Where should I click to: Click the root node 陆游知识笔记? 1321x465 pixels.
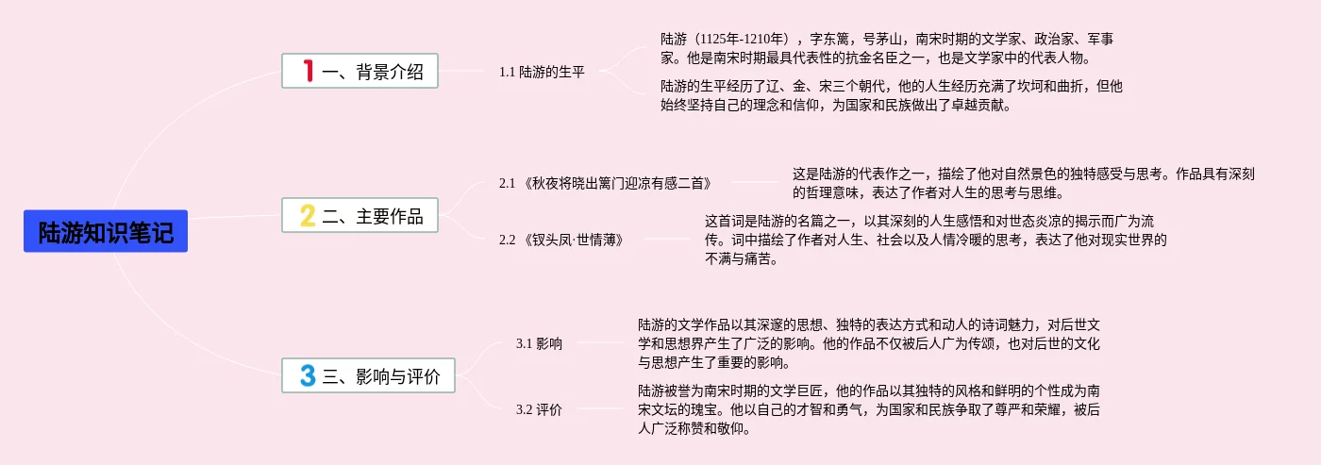click(106, 231)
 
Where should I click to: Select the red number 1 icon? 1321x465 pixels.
click(308, 71)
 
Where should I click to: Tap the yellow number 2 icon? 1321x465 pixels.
click(308, 216)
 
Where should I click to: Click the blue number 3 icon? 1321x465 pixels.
click(308, 376)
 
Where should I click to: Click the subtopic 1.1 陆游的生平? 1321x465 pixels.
click(542, 71)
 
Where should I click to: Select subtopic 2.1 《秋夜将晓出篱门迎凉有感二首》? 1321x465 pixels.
click(605, 183)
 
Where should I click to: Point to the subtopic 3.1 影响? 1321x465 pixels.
click(539, 343)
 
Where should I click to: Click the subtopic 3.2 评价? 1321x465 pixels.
click(539, 409)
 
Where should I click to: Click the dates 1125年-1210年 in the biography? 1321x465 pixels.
click(741, 39)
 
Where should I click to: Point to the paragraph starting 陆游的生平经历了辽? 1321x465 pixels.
click(891, 95)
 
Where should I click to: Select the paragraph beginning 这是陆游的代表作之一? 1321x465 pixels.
click(1023, 183)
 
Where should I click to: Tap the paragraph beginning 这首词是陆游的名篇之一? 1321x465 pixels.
click(935, 240)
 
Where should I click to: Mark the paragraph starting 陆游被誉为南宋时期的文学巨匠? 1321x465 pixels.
click(869, 409)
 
